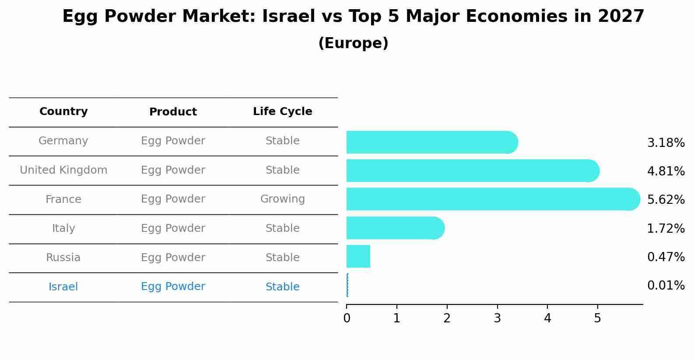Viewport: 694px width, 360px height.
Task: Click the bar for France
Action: [x=490, y=199]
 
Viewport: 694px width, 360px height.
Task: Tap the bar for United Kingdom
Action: [x=470, y=171]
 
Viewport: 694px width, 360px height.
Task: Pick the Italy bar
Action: [x=394, y=228]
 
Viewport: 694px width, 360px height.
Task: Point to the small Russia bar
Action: [x=358, y=256]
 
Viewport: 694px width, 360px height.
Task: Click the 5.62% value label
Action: [x=666, y=200]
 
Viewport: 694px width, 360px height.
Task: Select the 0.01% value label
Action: [x=666, y=286]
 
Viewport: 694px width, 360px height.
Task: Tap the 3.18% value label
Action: [x=666, y=143]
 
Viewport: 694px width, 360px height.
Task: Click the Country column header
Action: [x=63, y=112]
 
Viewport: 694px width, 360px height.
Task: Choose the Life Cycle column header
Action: [x=282, y=112]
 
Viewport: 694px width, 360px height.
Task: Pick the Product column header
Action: [x=173, y=112]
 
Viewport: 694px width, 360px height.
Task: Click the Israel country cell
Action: [x=63, y=287]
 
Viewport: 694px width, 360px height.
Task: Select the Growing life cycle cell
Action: [x=282, y=199]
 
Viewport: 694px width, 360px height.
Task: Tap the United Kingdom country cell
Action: [x=63, y=170]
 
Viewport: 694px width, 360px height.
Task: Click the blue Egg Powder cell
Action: [x=173, y=287]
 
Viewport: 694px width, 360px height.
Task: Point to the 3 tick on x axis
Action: [x=497, y=318]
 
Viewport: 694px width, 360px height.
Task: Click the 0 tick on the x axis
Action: [x=347, y=318]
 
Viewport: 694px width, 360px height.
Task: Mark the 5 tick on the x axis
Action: [x=597, y=318]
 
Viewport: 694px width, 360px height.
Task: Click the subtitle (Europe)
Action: [x=353, y=43]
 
